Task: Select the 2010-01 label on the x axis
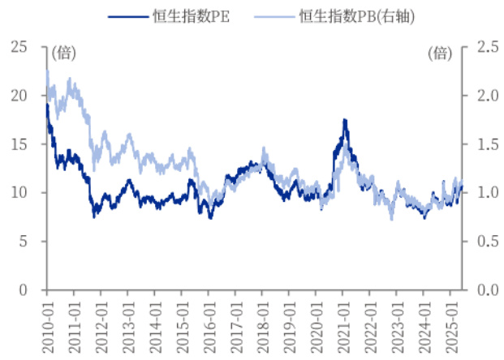[46, 321]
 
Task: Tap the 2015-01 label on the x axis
[181, 321]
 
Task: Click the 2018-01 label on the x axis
[262, 321]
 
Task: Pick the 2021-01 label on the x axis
[343, 321]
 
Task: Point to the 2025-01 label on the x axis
[451, 321]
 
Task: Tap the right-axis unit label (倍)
[440, 54]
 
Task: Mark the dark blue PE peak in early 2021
[345, 120]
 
